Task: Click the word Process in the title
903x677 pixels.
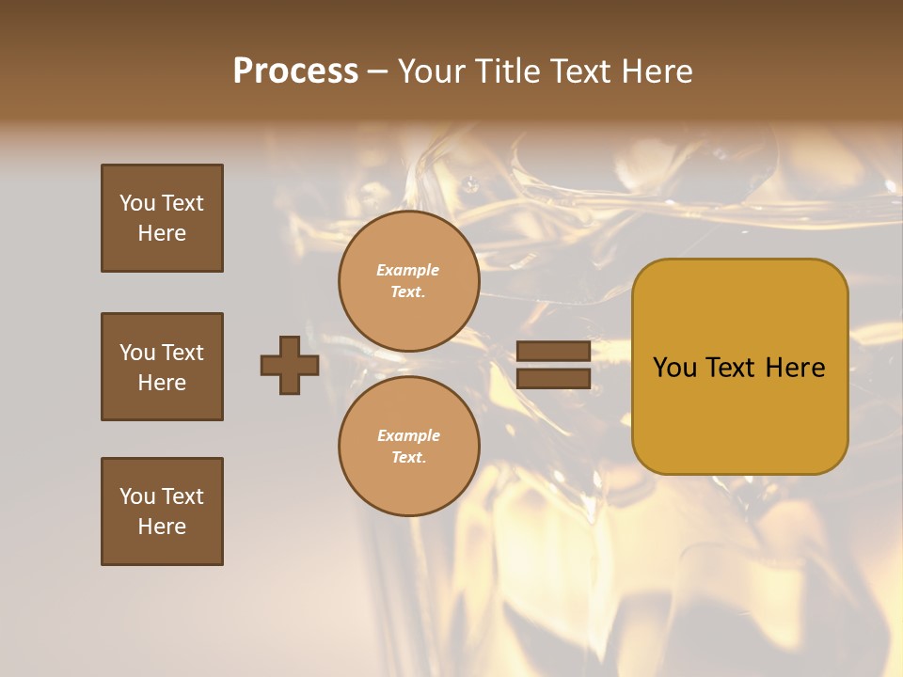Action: point(295,71)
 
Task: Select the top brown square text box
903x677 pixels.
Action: point(162,218)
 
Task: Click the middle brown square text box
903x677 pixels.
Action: point(162,367)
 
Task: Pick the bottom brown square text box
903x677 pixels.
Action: point(162,512)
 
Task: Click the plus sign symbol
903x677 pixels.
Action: point(290,365)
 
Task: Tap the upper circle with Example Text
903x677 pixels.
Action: point(408,281)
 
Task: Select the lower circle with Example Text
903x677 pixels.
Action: point(408,447)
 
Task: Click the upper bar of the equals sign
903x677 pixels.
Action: point(553,351)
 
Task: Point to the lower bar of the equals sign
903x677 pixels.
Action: point(553,379)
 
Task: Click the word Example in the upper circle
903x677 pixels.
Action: point(408,270)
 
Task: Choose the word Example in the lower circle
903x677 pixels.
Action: point(408,435)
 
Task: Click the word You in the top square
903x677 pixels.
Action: point(137,203)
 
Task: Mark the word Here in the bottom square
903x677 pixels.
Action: point(162,527)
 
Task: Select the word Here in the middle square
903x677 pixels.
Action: point(162,383)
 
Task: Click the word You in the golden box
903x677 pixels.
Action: point(675,368)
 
